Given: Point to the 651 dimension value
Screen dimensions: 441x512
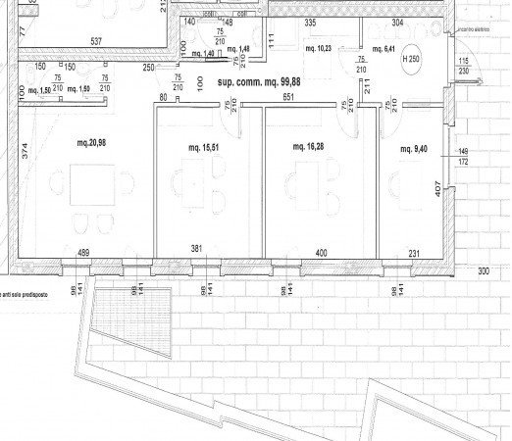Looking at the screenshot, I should tap(289, 97).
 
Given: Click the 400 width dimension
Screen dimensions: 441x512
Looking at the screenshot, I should tap(321, 253).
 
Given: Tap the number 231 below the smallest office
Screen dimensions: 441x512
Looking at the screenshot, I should tap(415, 253).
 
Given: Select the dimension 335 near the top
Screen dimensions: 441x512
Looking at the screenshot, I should tap(310, 21).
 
